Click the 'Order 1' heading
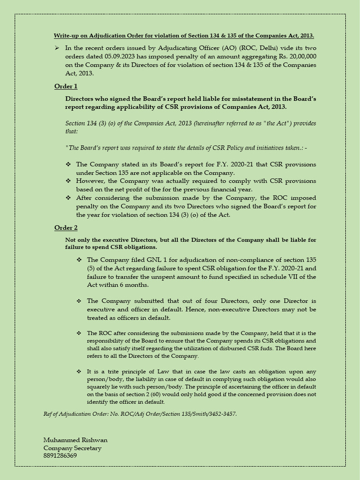tap(66, 86)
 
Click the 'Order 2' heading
tap(66, 228)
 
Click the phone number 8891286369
tap(60, 456)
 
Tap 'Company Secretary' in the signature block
tap(72, 448)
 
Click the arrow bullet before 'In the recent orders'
tap(57, 48)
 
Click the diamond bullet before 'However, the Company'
tap(68, 181)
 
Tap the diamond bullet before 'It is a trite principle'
tap(79, 371)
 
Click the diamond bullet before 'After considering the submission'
tap(68, 198)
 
